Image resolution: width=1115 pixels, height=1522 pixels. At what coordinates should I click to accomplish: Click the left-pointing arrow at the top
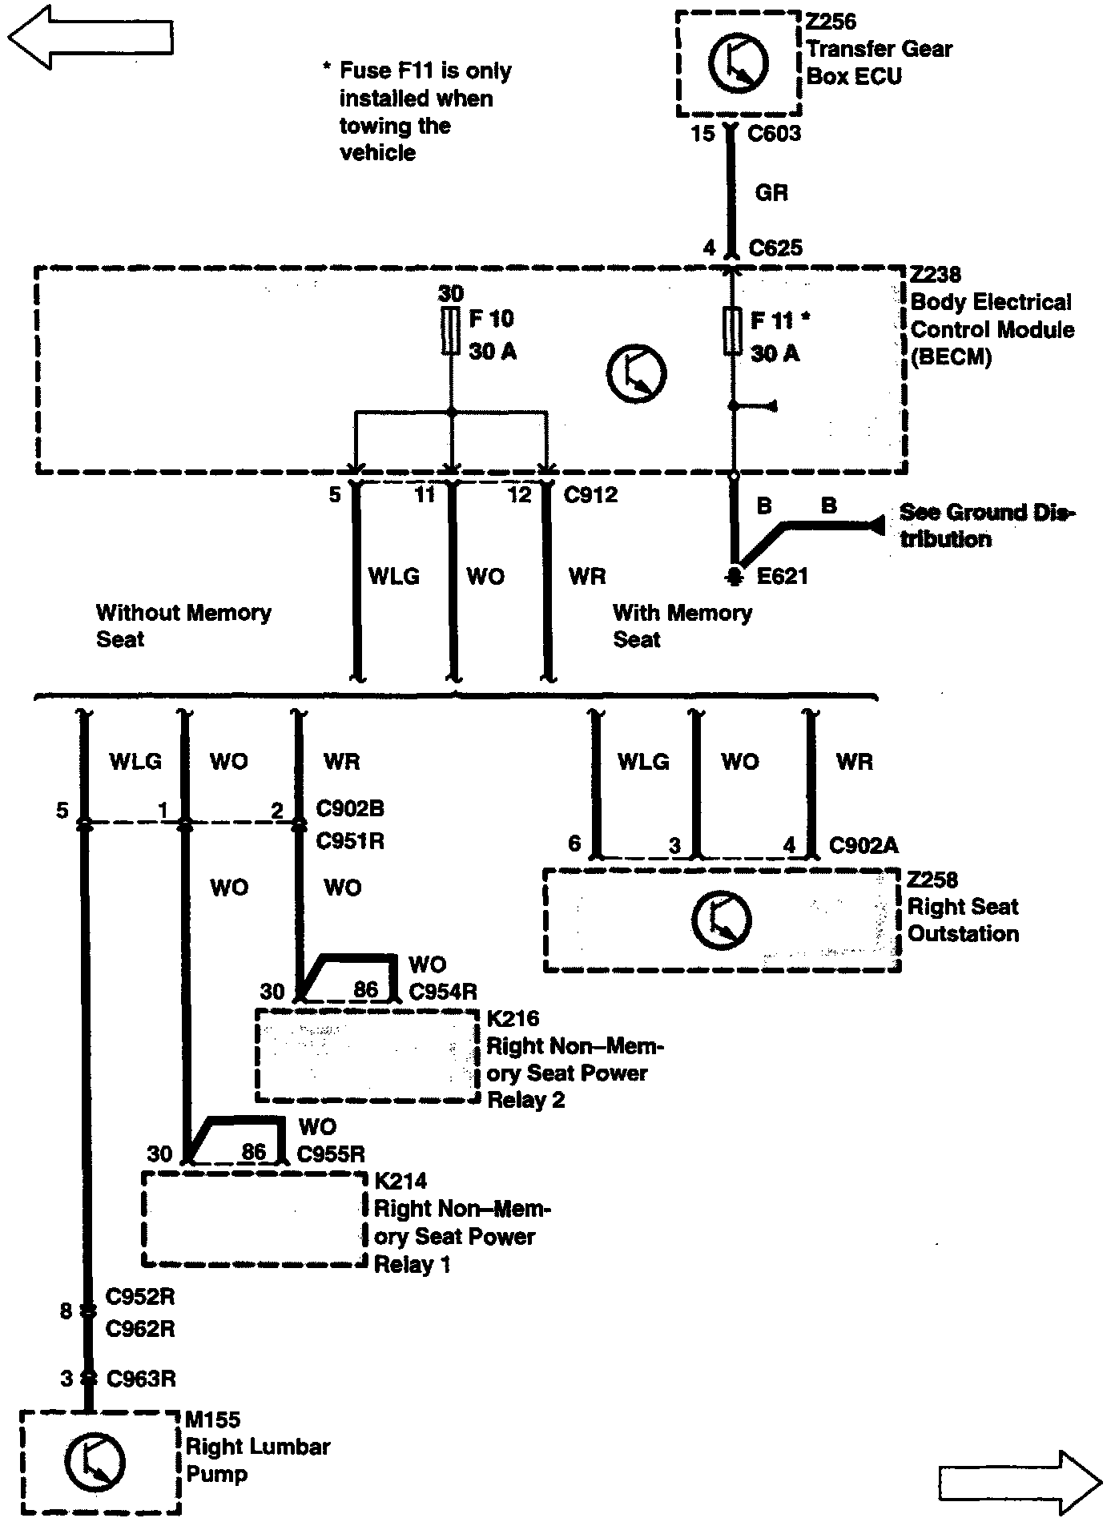coord(90,36)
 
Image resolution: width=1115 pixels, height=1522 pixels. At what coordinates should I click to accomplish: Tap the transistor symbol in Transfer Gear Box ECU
coord(738,62)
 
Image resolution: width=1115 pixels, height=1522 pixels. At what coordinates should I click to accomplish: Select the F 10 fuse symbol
coord(451,331)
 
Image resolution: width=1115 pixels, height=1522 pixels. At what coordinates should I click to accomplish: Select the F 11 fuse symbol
coord(732,331)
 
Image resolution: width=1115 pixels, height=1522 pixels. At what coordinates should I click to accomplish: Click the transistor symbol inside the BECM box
coord(636,373)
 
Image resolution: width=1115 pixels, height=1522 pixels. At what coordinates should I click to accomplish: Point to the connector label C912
coord(590,494)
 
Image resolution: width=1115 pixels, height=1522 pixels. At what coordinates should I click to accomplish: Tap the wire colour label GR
coord(771,192)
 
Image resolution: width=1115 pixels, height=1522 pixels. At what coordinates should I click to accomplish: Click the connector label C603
coord(774,133)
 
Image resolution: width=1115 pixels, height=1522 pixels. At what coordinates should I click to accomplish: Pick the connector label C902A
coord(863,845)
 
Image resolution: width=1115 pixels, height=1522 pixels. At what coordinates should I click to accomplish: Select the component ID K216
coord(513,1018)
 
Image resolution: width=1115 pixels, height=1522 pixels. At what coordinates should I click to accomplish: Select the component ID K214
coord(401,1181)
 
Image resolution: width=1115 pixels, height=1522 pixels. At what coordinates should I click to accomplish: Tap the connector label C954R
coord(442,992)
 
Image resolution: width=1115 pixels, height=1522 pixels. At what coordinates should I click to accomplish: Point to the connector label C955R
coord(331,1154)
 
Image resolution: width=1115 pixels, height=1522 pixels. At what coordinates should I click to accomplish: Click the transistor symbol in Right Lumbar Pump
coord(94,1461)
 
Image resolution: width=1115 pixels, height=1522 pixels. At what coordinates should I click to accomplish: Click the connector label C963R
coord(141,1379)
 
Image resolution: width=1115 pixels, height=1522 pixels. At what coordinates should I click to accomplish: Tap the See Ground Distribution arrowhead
coord(875,525)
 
